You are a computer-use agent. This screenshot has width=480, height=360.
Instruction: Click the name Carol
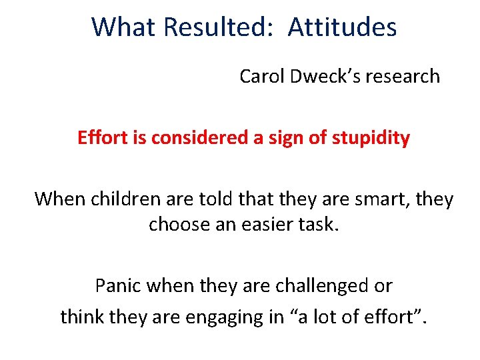262,77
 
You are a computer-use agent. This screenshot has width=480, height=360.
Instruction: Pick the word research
402,77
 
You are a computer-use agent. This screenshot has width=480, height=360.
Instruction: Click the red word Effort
100,138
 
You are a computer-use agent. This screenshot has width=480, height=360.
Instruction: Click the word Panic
119,286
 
